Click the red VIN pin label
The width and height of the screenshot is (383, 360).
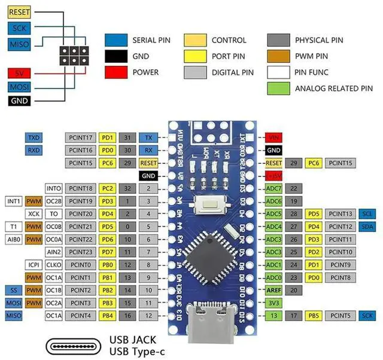tap(273, 138)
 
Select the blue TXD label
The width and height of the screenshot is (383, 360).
tap(34, 138)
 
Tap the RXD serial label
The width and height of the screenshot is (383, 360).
tap(34, 150)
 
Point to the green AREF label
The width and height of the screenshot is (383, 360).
tap(273, 289)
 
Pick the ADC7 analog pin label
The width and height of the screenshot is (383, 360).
tap(273, 188)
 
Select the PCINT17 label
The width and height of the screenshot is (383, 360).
tap(80, 138)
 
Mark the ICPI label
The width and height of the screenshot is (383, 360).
tap(33, 264)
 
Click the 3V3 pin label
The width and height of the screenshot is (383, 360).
tap(273, 303)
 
